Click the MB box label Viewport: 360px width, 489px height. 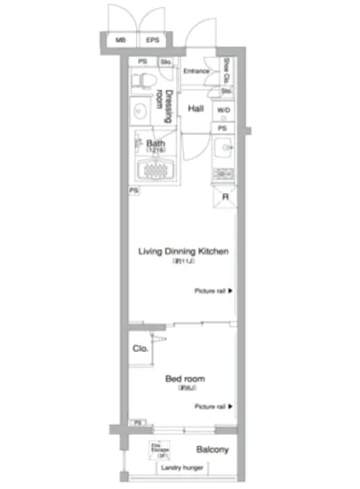click(x=121, y=41)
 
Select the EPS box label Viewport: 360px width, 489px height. click(x=153, y=41)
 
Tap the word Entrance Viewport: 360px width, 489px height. click(x=196, y=71)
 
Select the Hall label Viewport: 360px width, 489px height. click(x=196, y=108)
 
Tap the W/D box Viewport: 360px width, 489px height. click(x=225, y=111)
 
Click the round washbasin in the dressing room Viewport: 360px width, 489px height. click(x=139, y=112)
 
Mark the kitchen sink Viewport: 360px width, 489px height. click(x=224, y=148)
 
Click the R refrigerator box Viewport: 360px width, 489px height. click(x=226, y=197)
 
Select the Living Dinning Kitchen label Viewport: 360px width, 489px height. click(x=183, y=253)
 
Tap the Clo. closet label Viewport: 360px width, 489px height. click(x=140, y=349)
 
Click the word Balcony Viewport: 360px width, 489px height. click(x=212, y=450)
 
